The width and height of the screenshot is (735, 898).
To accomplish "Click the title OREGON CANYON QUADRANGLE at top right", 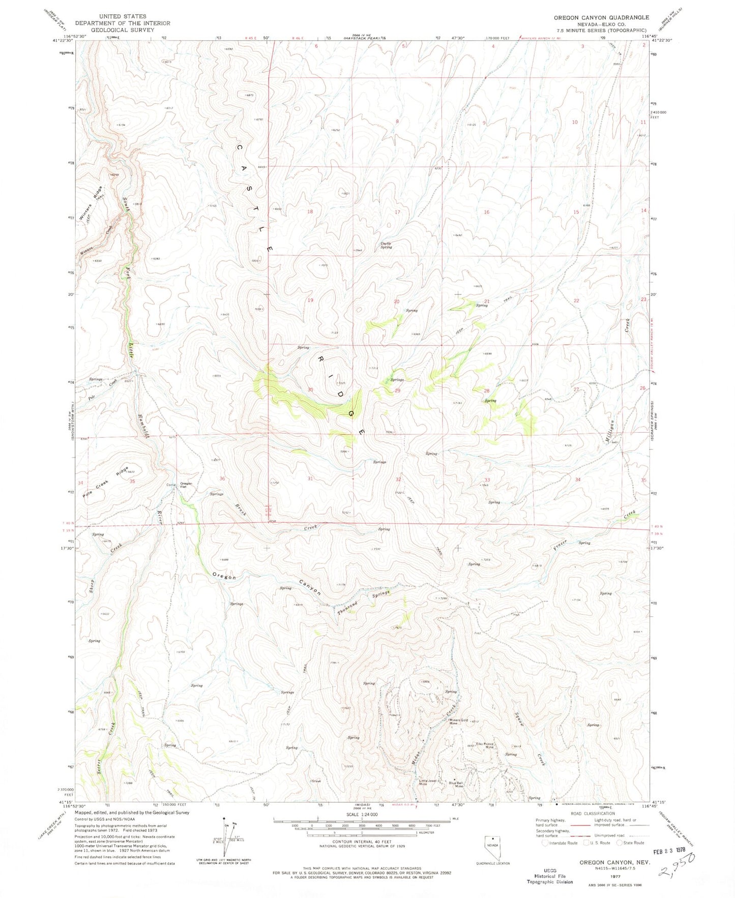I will tap(601, 17).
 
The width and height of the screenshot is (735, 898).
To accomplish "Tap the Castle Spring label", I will tap(387, 245).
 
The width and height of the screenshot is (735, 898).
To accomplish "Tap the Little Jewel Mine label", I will tap(427, 782).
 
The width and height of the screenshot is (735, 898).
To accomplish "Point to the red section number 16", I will tap(486, 212).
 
